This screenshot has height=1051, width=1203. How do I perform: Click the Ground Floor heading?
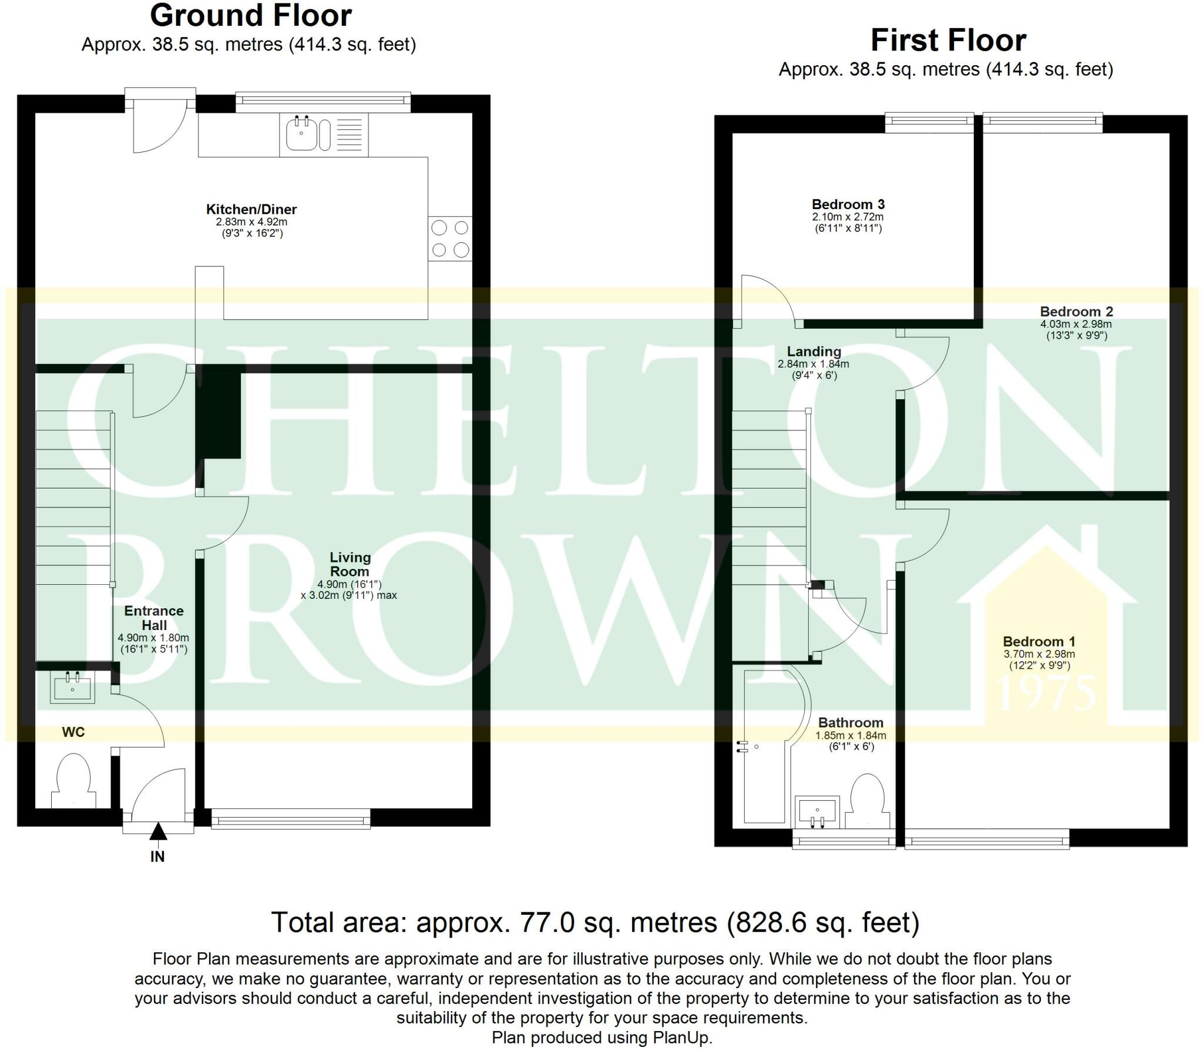coord(251,15)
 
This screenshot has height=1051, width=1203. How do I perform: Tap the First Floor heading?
coord(948,41)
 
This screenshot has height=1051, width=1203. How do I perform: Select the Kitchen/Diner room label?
coord(251,209)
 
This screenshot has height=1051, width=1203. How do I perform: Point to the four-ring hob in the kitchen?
coord(450,238)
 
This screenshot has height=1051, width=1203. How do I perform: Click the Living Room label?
coord(350,564)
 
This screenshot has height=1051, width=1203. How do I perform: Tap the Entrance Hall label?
coord(154,618)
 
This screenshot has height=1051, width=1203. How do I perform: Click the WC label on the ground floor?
coord(73,732)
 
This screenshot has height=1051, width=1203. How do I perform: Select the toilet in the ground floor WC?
coord(73,781)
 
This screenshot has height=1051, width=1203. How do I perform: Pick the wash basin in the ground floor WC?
coord(73,688)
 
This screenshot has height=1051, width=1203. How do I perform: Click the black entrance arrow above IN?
coord(157,832)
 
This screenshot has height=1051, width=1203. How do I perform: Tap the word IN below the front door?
coord(157,857)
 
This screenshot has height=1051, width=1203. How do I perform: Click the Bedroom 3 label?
coord(848,204)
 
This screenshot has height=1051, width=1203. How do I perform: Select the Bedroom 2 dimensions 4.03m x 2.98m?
coord(1076,324)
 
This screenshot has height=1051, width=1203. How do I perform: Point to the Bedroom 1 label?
coord(1039,641)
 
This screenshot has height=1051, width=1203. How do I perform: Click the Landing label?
coord(814,351)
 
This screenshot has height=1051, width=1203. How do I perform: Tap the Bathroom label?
coord(851,722)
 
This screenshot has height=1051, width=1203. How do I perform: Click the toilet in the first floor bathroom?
coord(868,801)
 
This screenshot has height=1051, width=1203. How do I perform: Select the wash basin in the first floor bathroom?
coord(817,811)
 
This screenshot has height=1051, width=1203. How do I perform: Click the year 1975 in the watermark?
coord(1046,693)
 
